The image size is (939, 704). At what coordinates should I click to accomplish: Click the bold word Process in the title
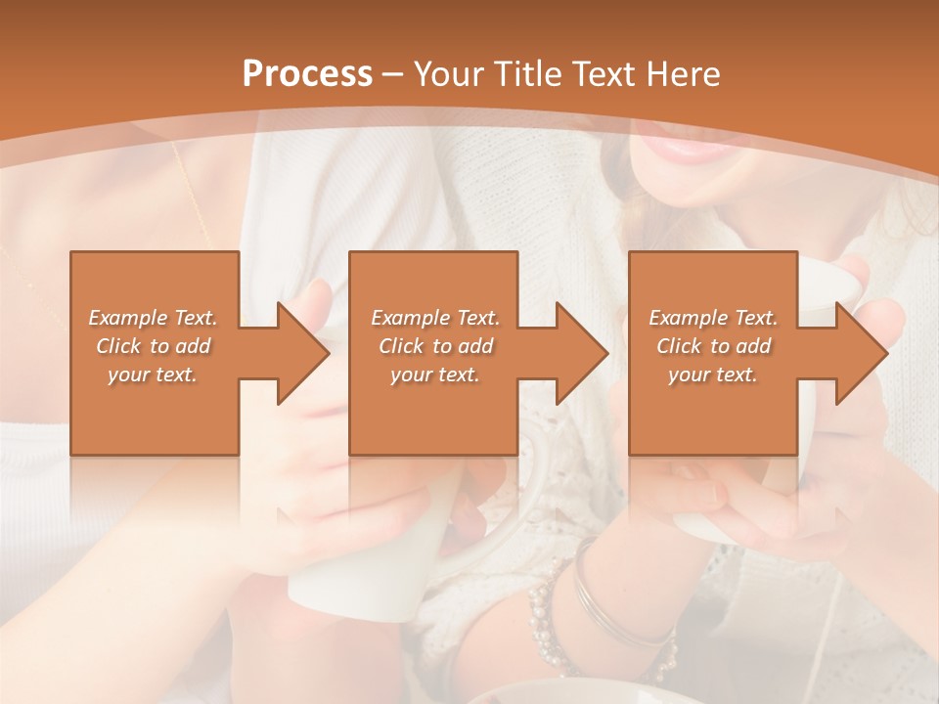click(x=307, y=74)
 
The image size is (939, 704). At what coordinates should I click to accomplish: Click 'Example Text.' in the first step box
click(x=154, y=318)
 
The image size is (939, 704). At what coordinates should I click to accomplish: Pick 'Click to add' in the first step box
click(x=154, y=346)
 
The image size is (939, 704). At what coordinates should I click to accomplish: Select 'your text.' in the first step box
click(x=154, y=374)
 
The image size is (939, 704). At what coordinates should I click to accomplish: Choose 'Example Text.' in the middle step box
click(x=435, y=318)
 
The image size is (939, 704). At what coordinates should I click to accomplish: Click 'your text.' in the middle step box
click(x=435, y=374)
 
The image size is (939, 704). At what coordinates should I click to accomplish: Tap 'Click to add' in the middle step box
click(x=435, y=346)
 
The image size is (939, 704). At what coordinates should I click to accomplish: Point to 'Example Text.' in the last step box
click(x=713, y=318)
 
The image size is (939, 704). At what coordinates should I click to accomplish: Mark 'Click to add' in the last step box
click(x=713, y=346)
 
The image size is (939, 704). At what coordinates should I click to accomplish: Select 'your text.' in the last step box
click(x=713, y=374)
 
